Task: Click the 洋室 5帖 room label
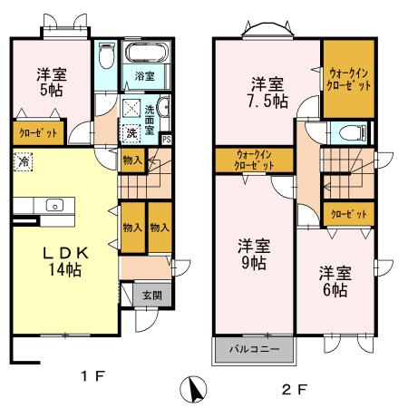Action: pos(51,82)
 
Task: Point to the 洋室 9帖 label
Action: pos(254,253)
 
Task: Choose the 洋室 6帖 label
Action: pos(334,280)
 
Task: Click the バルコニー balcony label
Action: pos(253,349)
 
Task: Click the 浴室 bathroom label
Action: pos(145,75)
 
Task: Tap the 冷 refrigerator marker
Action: pos(22,161)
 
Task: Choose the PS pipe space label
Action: pos(166,140)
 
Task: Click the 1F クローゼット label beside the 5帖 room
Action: pos(38,133)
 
